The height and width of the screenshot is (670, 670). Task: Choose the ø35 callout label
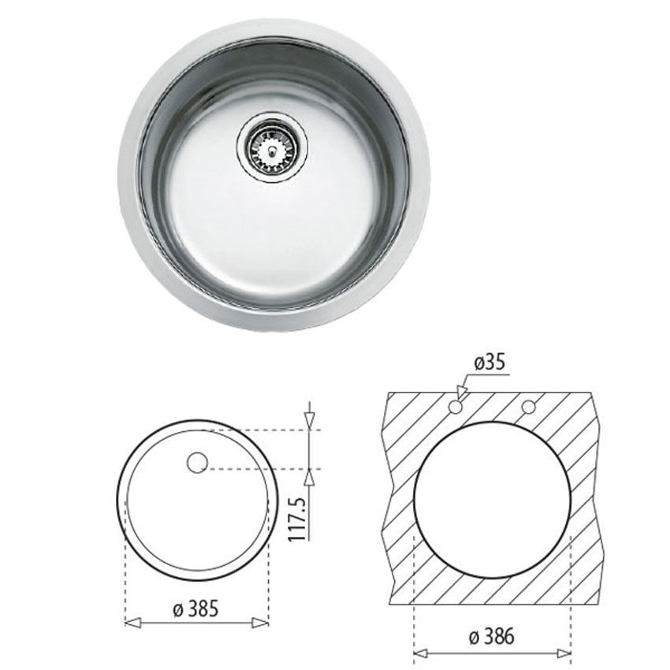[489, 363]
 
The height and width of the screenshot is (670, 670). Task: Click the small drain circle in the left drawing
[197, 463]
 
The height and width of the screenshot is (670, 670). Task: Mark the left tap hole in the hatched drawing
[455, 408]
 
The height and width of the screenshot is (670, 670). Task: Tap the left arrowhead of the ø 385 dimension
[132, 623]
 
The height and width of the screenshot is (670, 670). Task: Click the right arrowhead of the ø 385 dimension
[262, 623]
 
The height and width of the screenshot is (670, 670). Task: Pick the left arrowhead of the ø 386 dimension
[422, 653]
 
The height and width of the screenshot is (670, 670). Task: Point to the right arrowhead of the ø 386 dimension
[563, 653]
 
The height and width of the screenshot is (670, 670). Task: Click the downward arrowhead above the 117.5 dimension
[311, 422]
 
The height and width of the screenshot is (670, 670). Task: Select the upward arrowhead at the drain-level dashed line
[311, 475]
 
